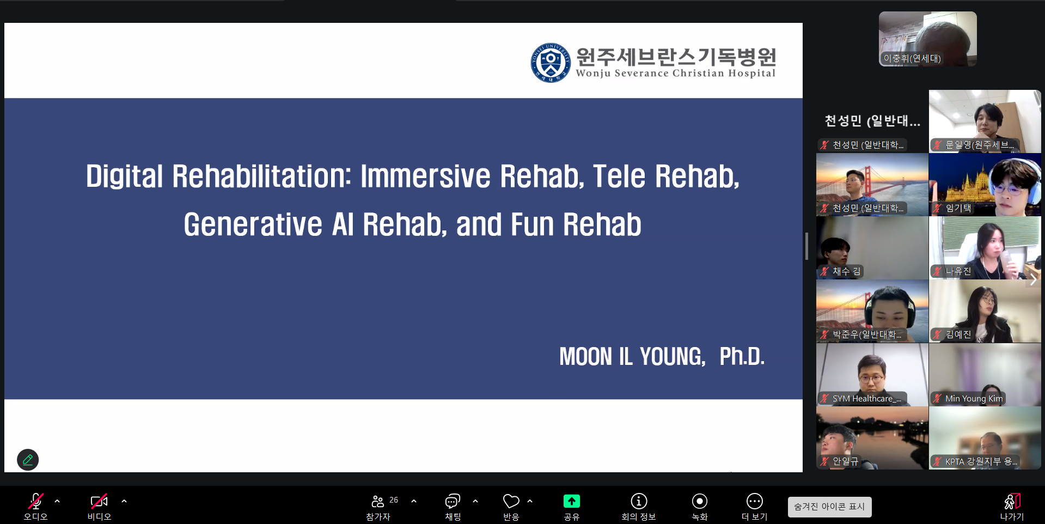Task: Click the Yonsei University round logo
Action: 551,63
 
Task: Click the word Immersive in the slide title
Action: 425,176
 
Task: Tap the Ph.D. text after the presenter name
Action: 742,356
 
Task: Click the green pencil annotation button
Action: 28,460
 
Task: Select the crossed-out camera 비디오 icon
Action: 99,501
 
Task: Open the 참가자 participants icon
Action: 377,501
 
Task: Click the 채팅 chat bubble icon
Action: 453,501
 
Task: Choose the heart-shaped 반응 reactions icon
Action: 511,501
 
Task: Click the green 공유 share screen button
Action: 571,501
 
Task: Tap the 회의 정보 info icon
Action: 639,501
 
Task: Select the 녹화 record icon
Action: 700,501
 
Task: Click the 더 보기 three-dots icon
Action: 755,501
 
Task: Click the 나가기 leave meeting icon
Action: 1012,501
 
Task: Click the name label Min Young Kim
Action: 974,399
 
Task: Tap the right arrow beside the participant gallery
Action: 1033,280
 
